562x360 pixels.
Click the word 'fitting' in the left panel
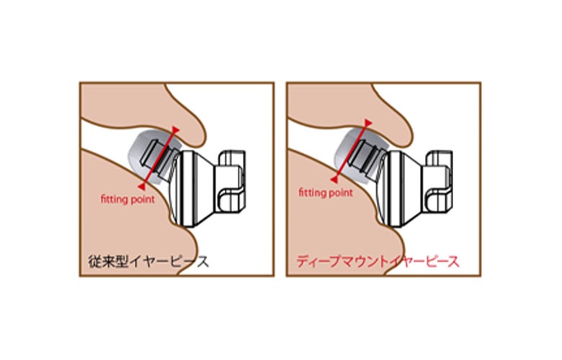(x=112, y=199)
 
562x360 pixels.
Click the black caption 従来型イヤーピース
(x=148, y=262)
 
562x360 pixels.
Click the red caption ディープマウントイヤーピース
(x=378, y=261)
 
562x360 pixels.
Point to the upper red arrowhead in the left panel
(x=175, y=130)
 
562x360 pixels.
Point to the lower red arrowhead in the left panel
(x=142, y=186)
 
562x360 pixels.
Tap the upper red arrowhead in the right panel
(x=368, y=123)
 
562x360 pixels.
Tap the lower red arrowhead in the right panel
(x=334, y=179)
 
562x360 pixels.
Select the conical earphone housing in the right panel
(x=401, y=189)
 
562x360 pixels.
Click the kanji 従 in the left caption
(x=94, y=262)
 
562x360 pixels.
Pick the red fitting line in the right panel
(x=352, y=151)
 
